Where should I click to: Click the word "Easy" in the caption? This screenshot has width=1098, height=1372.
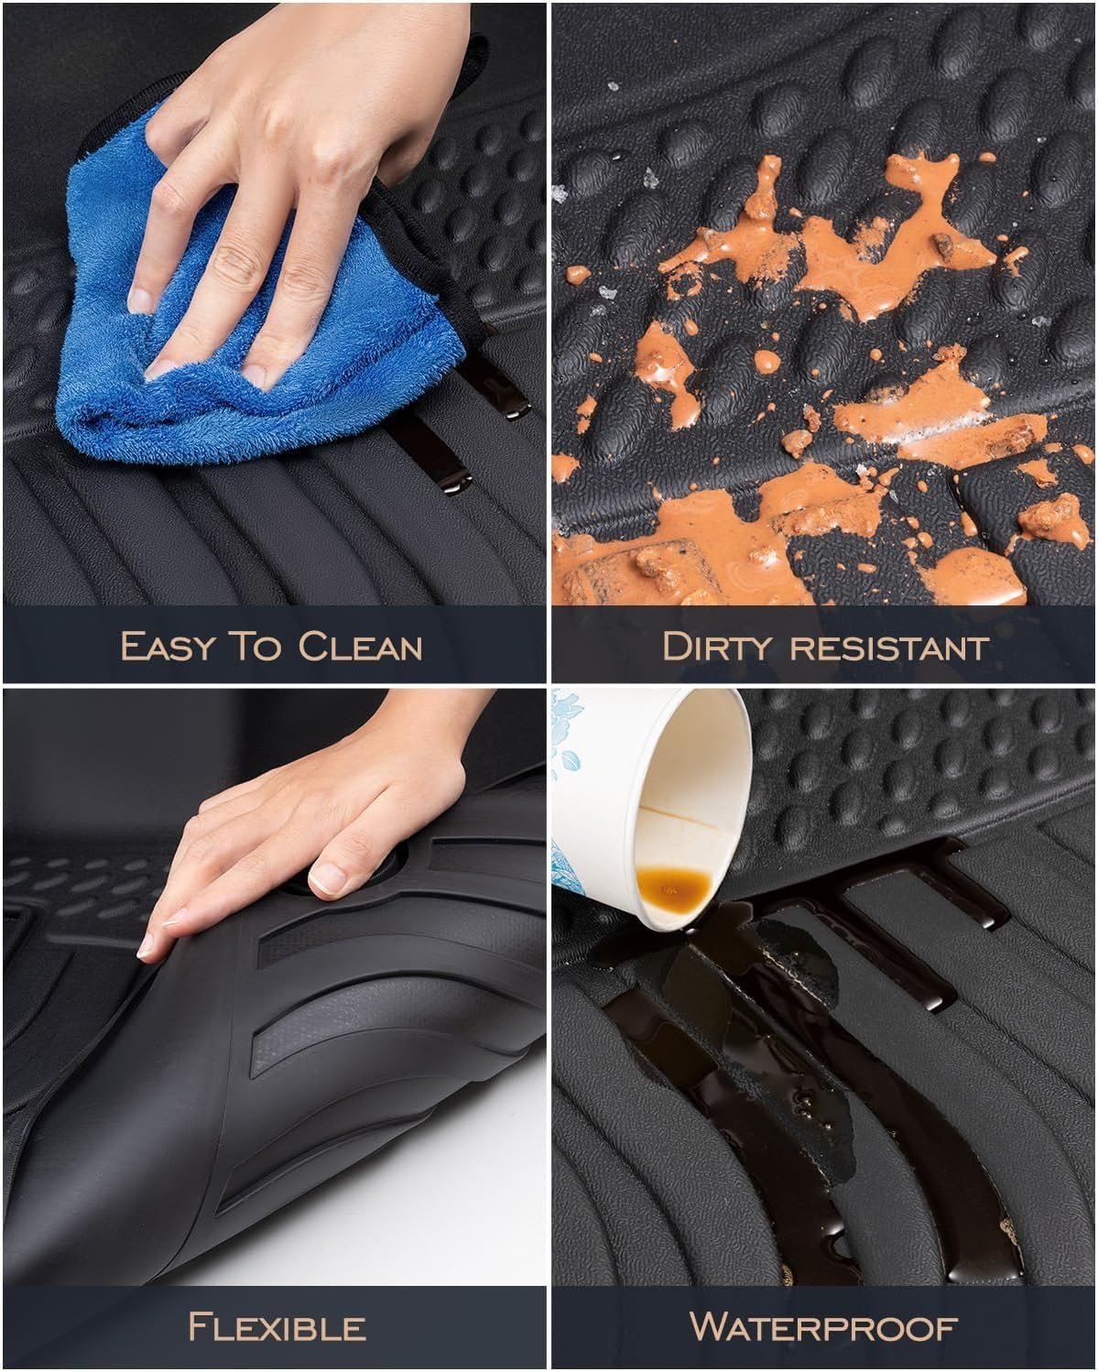168,646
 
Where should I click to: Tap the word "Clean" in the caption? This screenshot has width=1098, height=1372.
360,646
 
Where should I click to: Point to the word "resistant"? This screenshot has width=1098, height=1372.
889,648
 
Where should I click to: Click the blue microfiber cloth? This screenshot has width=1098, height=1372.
255,306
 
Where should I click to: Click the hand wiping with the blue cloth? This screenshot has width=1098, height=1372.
287,172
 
